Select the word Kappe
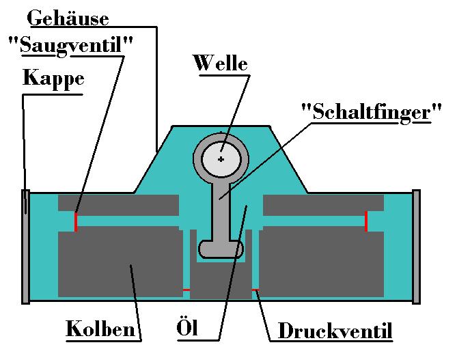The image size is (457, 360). click(53, 78)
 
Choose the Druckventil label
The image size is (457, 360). click(335, 333)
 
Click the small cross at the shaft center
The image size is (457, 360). click(221, 159)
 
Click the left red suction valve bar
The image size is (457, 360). click(76, 221)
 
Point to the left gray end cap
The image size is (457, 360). click(26, 246)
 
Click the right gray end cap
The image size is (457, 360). click(417, 246)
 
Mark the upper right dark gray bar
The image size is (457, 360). click(323, 203)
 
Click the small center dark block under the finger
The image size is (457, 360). click(221, 280)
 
